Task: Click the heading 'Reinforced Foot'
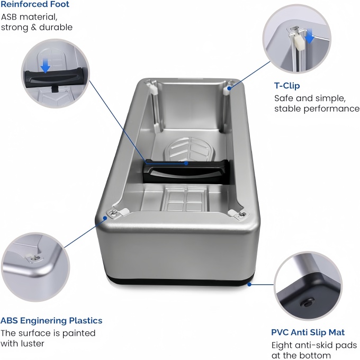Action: pyautogui.click(x=34, y=5)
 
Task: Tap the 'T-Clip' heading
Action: pyautogui.click(x=287, y=85)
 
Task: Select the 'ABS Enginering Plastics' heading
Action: pyautogui.click(x=51, y=320)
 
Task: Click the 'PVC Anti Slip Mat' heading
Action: pyautogui.click(x=308, y=332)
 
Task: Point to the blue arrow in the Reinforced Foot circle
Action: pyautogui.click(x=46, y=65)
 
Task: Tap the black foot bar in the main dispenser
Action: pyautogui.click(x=185, y=172)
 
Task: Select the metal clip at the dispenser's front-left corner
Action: pyautogui.click(x=114, y=212)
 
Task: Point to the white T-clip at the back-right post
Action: pyautogui.click(x=229, y=87)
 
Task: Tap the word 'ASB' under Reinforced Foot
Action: pyautogui.click(x=10, y=17)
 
